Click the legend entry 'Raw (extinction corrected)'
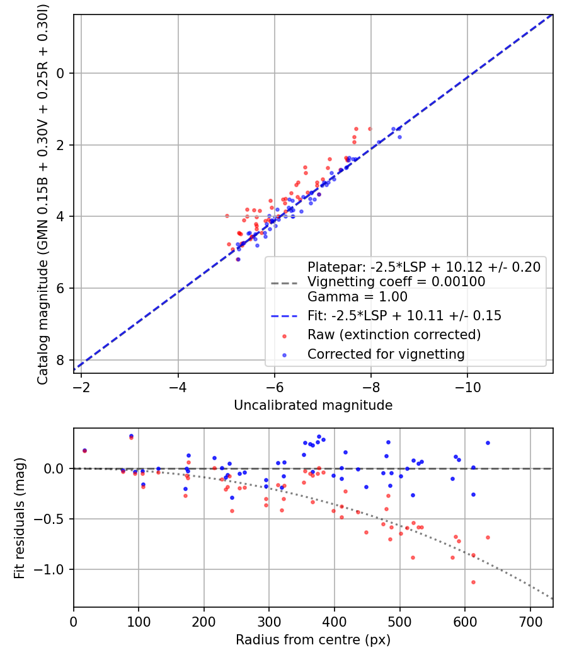[394, 334]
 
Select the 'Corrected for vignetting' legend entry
[386, 354]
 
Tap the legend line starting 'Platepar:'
[423, 267]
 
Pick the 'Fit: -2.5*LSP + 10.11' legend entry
[404, 316]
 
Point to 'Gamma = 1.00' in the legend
[357, 297]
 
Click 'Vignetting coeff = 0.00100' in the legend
[396, 282]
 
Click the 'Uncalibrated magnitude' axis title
[313, 405]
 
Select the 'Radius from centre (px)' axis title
[313, 640]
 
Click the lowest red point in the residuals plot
[473, 582]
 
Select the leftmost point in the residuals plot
[84, 450]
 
